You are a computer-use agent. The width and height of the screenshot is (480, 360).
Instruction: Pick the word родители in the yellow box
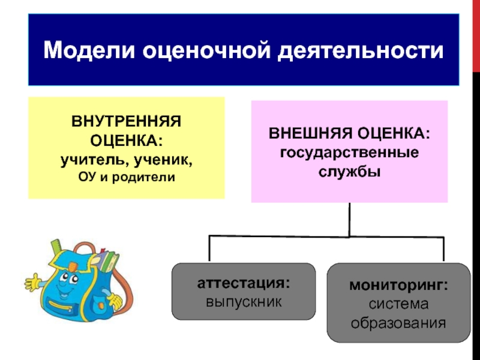click(146, 178)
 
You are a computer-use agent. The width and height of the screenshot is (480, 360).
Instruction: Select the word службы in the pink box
click(349, 170)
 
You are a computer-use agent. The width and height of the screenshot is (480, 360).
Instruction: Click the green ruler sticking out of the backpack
click(57, 248)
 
